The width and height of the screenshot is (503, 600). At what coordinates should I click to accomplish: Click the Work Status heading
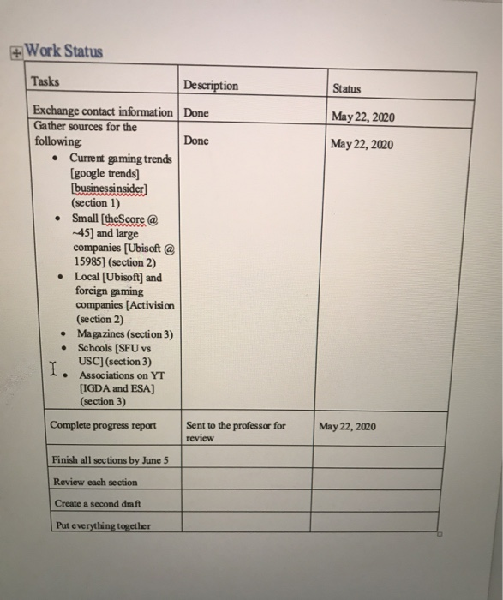(64, 51)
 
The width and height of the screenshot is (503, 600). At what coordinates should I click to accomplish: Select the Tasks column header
(45, 81)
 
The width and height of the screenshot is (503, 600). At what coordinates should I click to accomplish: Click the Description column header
(211, 86)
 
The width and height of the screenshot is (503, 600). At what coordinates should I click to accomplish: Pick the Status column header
(346, 88)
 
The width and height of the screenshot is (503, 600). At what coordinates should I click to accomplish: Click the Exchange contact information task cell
(102, 111)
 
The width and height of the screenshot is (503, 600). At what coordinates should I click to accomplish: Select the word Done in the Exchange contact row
(196, 112)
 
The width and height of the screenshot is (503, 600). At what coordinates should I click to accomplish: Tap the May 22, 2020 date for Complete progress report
(345, 426)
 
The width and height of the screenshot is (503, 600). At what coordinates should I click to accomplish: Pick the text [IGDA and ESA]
(117, 388)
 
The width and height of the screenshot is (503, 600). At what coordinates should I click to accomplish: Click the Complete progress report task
(103, 425)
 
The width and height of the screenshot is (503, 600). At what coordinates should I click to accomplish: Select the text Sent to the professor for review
(235, 430)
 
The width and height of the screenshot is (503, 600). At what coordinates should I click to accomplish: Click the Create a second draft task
(96, 503)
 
